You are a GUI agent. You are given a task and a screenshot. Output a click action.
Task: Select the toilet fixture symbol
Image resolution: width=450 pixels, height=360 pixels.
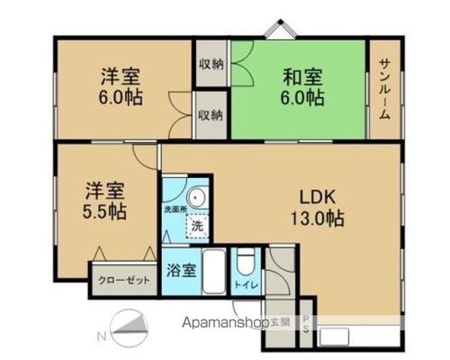coord(246,262)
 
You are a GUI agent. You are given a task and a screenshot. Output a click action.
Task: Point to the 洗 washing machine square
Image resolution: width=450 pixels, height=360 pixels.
coord(197,226)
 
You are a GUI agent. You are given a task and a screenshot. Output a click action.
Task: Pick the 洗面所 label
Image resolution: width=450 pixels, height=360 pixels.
coord(175,209)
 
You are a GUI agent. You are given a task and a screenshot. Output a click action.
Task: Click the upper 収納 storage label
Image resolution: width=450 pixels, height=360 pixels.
coord(211,64)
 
